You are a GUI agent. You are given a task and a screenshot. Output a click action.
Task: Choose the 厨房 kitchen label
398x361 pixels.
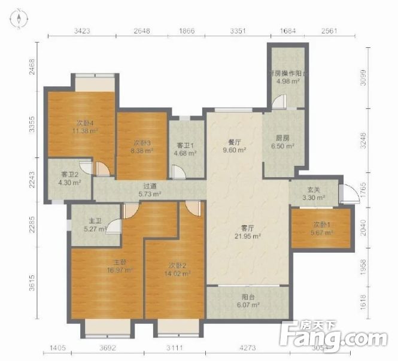[x=282, y=138]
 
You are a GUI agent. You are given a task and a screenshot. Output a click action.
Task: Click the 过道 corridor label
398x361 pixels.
[x=150, y=186]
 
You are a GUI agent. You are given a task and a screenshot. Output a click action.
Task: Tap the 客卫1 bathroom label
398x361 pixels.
[x=184, y=145]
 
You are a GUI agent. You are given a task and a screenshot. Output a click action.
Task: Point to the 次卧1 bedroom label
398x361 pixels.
[x=321, y=225]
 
